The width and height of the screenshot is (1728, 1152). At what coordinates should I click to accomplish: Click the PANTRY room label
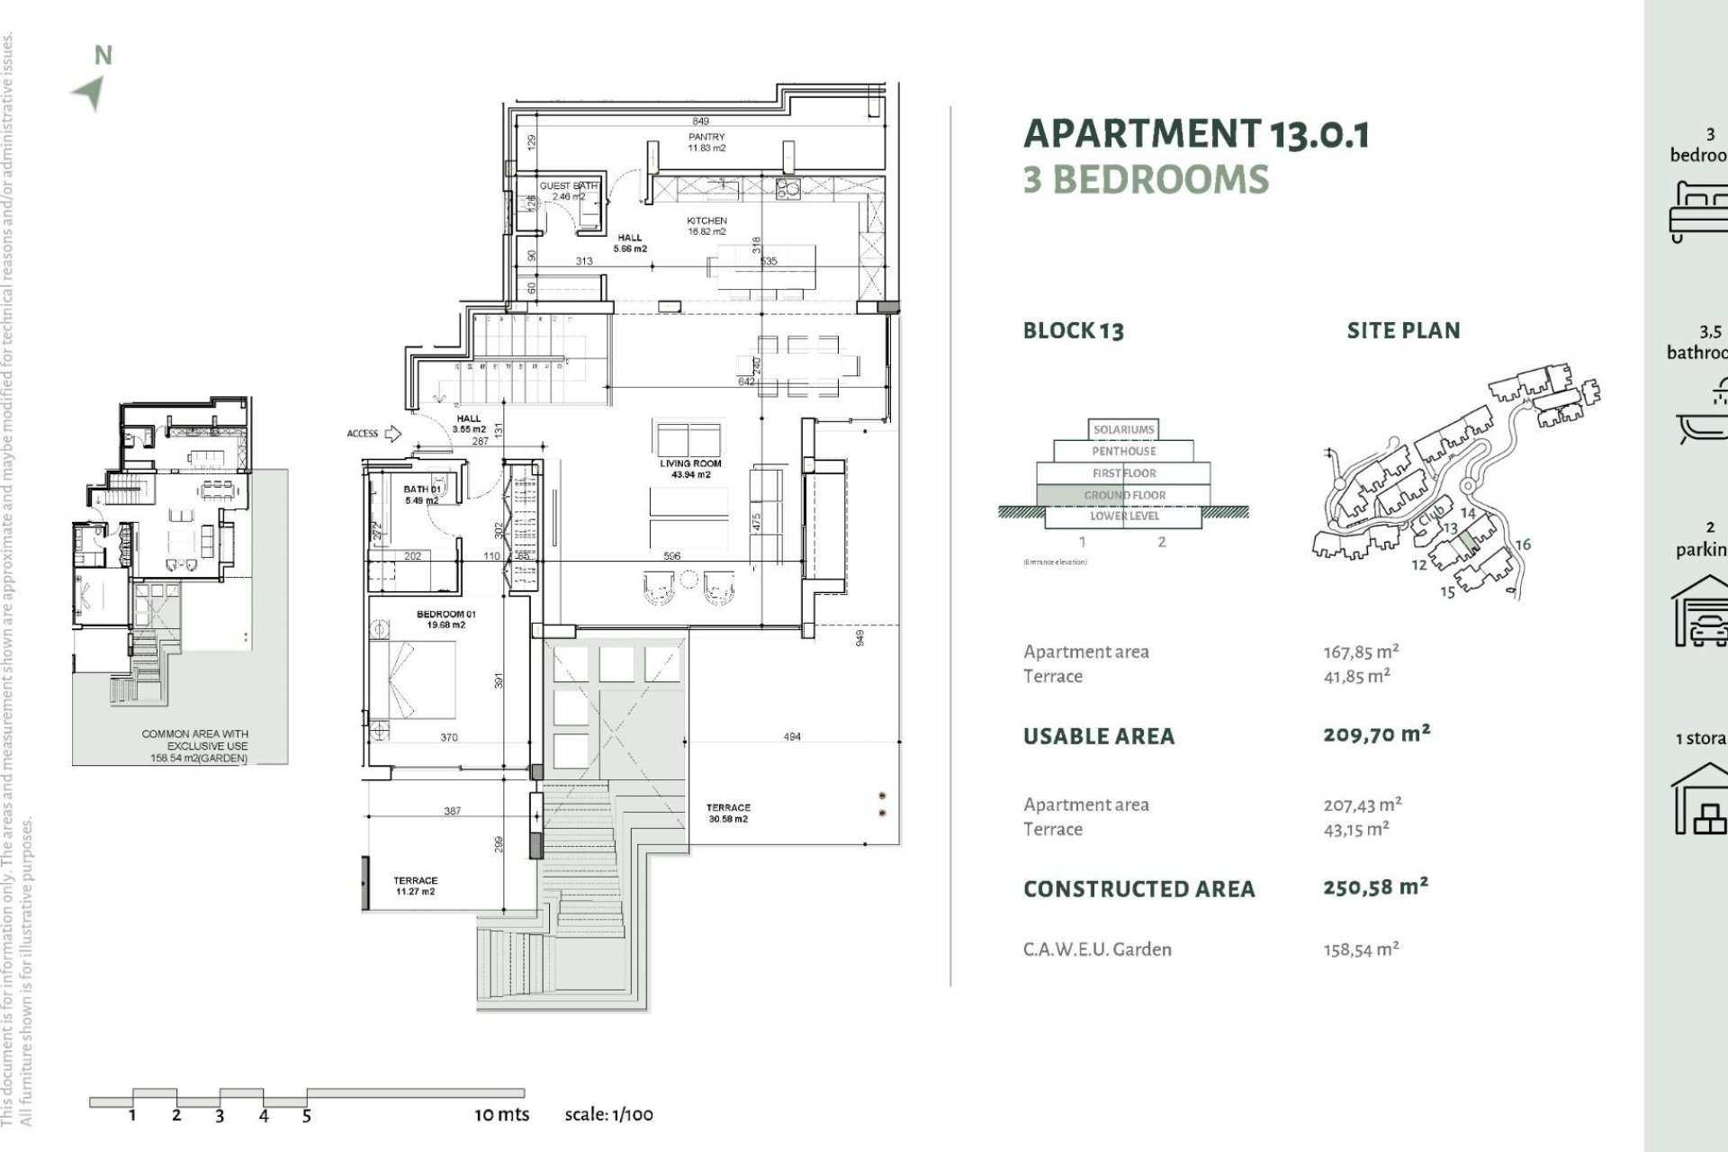coord(706,142)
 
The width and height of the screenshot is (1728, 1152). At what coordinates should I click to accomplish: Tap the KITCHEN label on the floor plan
coord(706,226)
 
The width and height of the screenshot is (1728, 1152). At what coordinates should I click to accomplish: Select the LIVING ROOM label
coord(690,469)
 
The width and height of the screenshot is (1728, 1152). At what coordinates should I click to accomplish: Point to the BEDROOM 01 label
coord(446,619)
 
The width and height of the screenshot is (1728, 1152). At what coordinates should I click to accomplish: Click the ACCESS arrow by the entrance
coord(392,434)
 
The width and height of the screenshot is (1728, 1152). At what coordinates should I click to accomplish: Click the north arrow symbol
coord(90,93)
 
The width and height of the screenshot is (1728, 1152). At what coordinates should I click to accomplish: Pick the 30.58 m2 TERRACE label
coord(728,814)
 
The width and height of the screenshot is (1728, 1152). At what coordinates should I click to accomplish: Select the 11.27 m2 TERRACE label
coord(415,886)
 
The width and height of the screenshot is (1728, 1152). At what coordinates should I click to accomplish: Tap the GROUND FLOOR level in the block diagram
coord(1124,495)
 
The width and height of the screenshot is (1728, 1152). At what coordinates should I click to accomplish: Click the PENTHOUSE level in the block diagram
coord(1123,451)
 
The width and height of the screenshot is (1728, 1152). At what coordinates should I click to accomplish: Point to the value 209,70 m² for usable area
coord(1376,734)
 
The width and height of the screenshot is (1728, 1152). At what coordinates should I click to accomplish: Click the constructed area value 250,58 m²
coord(1375,887)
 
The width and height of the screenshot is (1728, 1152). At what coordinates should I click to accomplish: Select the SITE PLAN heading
coord(1403,330)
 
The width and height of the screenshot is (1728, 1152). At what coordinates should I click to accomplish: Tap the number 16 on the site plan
coord(1523,544)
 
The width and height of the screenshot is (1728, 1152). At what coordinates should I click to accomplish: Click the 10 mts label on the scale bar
coord(501,1114)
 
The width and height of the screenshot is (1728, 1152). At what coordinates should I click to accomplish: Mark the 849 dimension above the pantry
coord(700,121)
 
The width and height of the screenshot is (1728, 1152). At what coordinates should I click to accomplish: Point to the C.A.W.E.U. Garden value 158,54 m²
coord(1361,949)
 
